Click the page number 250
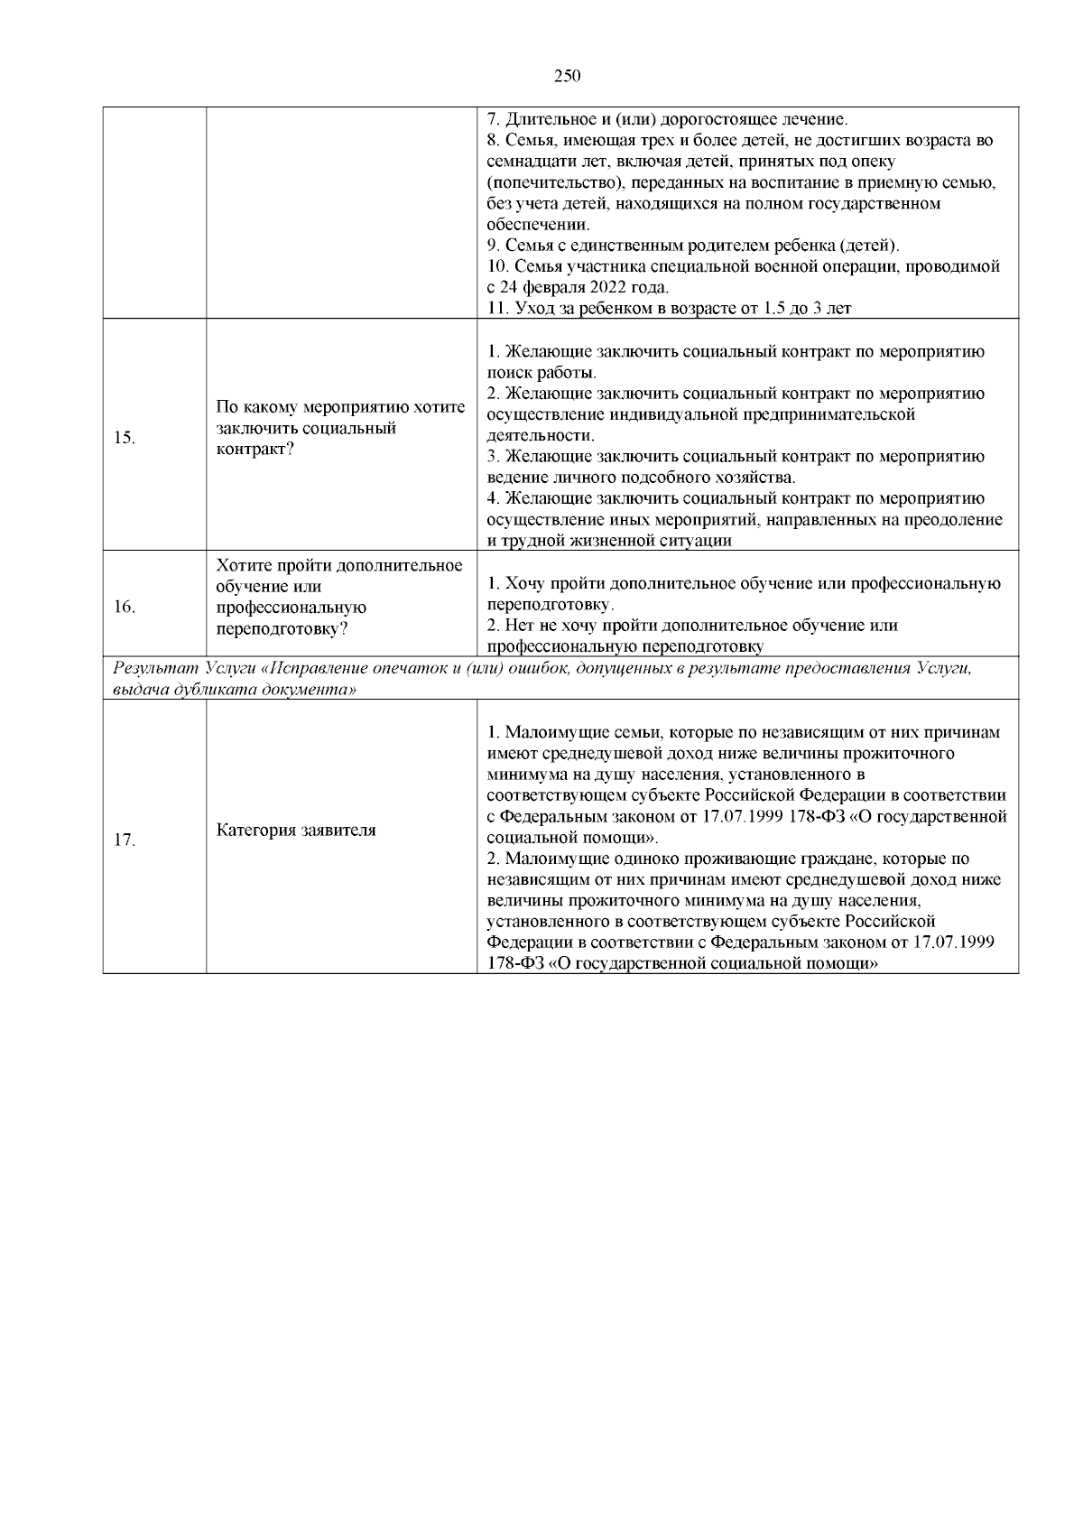point(566,76)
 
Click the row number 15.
point(125,438)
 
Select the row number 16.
point(125,607)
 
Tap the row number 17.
point(125,840)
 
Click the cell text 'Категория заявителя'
point(296,830)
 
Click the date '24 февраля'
point(540,288)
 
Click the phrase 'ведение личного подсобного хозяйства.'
point(641,477)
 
